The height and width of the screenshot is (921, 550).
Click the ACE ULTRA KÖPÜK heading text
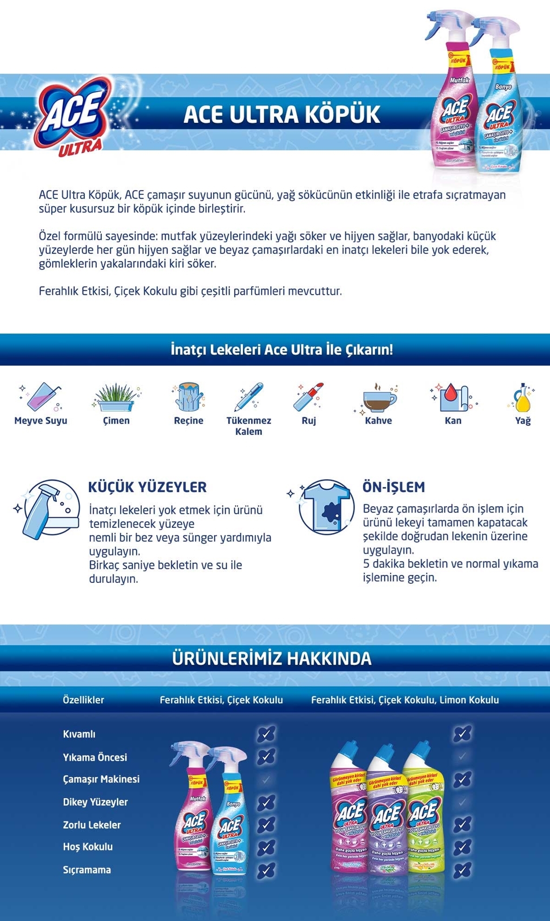point(282,115)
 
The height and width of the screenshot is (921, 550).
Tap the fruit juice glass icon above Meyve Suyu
point(40,397)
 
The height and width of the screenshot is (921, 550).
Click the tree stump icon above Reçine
point(188,397)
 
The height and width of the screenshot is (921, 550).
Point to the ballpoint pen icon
point(248,397)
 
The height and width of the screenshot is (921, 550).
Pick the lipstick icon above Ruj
point(309,397)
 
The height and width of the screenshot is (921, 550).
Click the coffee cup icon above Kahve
point(378,399)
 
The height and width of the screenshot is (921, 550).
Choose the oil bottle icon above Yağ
point(523,398)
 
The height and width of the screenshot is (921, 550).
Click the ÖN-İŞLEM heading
point(394,487)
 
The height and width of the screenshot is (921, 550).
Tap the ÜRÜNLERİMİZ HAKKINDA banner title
point(272,658)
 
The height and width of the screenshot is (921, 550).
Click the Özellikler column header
point(84,700)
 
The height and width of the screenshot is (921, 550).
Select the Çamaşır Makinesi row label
point(101,779)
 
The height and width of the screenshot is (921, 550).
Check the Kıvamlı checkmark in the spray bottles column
point(266,734)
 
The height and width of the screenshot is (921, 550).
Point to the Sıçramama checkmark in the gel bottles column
point(462,869)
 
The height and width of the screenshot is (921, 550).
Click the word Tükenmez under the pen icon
point(248,420)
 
